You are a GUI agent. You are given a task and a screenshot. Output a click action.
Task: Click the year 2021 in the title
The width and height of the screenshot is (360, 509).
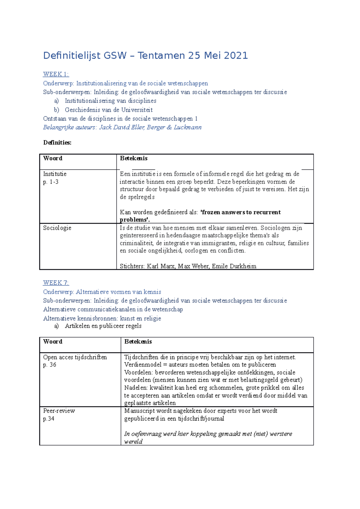(235, 56)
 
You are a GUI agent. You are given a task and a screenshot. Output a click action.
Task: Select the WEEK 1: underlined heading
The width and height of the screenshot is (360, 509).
(56, 74)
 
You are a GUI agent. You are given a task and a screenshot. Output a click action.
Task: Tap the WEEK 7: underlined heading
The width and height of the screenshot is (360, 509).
(56, 283)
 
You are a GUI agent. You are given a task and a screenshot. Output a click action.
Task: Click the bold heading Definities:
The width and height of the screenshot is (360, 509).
(57, 143)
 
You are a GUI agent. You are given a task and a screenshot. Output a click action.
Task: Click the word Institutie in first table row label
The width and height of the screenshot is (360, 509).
(55, 174)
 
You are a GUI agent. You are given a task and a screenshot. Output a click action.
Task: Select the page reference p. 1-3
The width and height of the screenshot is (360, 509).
(51, 182)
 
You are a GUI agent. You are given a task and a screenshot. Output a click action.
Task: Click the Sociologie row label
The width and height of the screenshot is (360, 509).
(57, 228)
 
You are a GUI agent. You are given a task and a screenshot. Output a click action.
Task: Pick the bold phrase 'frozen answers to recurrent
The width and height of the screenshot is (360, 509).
(240, 212)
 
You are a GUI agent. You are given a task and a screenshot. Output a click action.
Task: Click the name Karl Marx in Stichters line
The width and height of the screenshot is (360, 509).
(160, 266)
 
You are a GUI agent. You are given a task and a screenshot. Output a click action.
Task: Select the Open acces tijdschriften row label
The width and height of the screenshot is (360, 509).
(75, 357)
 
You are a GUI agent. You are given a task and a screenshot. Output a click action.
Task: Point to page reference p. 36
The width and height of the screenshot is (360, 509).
(49, 365)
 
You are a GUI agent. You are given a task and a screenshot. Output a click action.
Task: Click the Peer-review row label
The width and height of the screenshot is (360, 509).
(59, 411)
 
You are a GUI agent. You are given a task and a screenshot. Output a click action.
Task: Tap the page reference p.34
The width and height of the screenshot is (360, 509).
(49, 419)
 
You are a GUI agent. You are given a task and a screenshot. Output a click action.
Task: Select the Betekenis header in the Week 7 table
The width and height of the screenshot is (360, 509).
(138, 342)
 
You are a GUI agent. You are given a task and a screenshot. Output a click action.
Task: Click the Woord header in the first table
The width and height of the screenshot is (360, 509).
(53, 158)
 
